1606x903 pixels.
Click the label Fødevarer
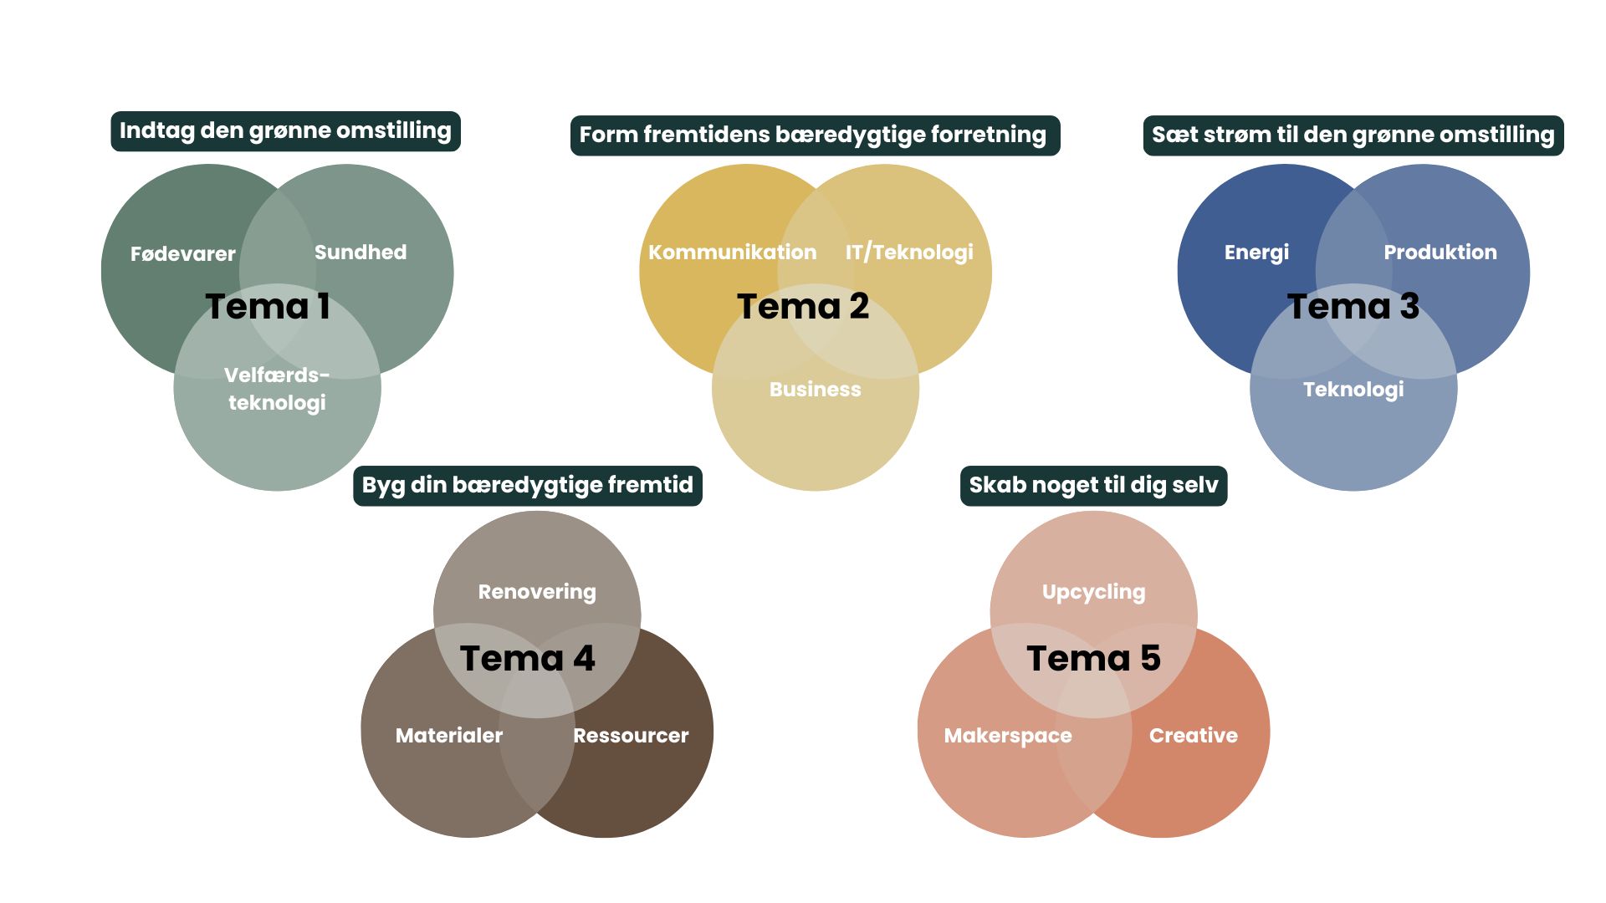(182, 254)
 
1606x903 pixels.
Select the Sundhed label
(360, 253)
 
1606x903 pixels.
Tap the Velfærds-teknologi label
(277, 389)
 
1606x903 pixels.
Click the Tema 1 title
(268, 307)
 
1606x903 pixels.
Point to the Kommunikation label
(732, 253)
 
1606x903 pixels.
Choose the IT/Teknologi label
(908, 253)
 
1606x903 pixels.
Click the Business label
(815, 390)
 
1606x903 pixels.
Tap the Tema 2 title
(803, 307)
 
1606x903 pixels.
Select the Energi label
(1256, 253)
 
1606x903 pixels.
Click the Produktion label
(1440, 253)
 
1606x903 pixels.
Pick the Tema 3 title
(1353, 307)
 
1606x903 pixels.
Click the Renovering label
(536, 592)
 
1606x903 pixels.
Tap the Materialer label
(449, 736)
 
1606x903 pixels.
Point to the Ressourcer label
(631, 736)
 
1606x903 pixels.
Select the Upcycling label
(1093, 592)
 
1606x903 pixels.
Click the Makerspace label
(1008, 736)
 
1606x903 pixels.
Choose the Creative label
(1193, 736)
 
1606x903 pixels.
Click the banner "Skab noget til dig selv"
(1093, 486)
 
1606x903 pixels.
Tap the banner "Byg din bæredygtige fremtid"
(527, 486)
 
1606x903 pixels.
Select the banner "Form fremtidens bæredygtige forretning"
(814, 135)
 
